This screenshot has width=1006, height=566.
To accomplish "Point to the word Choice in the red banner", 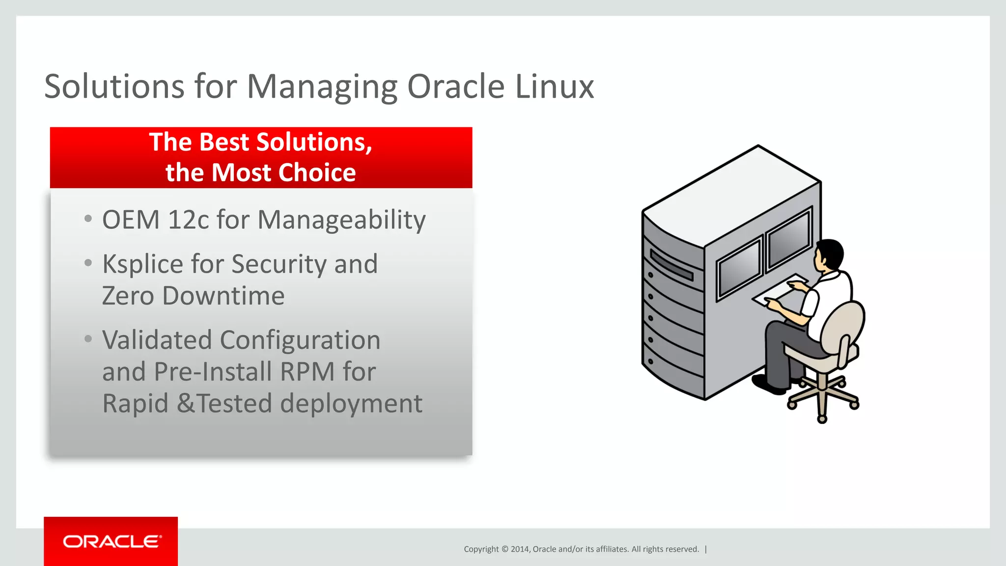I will (317, 173).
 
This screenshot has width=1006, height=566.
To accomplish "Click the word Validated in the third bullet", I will (157, 340).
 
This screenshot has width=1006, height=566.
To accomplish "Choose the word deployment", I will (351, 404).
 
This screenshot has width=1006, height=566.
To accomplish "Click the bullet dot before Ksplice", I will (88, 263).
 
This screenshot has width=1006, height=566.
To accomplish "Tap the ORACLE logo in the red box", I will (112, 541).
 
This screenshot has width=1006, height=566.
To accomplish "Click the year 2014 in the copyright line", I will (519, 549).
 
